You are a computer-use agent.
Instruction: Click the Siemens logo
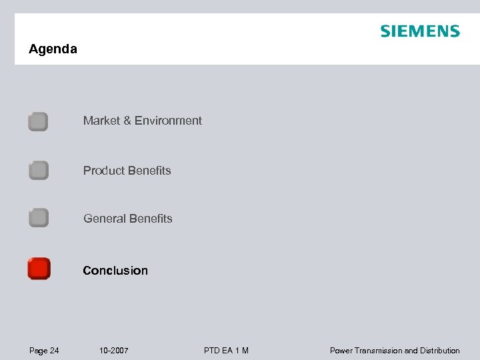[420, 31]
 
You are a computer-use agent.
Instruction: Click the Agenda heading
[53, 49]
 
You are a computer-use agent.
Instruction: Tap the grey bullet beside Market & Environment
[38, 121]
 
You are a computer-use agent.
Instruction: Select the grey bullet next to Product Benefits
[38, 171]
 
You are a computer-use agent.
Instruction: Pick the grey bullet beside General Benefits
[38, 218]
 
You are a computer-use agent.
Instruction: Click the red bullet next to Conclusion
[39, 269]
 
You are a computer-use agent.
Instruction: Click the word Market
[101, 121]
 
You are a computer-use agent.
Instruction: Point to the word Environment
[168, 121]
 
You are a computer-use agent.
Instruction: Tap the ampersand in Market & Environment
[127, 121]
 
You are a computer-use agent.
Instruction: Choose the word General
[104, 219]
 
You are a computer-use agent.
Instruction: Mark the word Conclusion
[115, 271]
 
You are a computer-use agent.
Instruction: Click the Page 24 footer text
[44, 351]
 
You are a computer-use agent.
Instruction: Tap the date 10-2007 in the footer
[113, 351]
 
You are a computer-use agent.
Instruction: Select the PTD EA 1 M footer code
[227, 351]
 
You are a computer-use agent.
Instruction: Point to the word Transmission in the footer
[379, 351]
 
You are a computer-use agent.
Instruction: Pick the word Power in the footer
[341, 351]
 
